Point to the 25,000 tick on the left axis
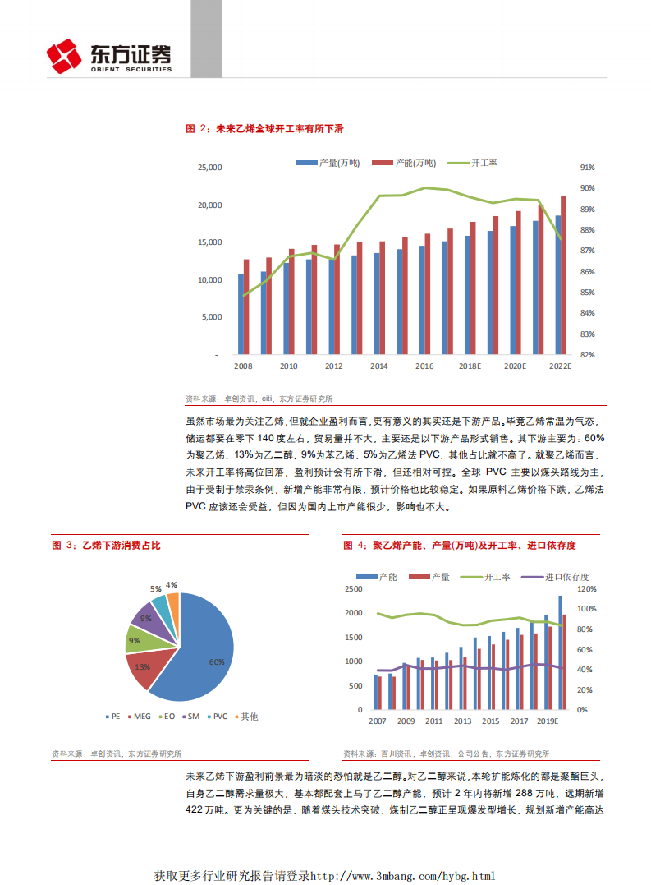[210, 168]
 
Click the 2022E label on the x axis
[559, 366]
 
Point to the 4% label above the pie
[172, 585]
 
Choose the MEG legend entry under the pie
[140, 717]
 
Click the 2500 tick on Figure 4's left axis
[354, 589]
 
